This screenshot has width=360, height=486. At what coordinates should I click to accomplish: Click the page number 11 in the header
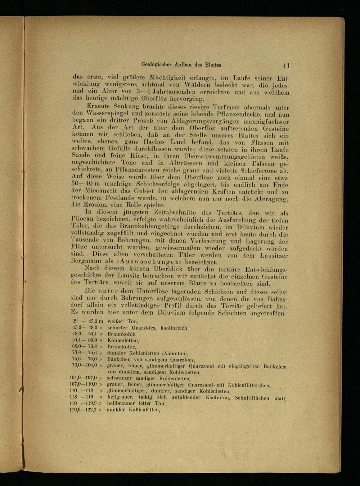coord(286,66)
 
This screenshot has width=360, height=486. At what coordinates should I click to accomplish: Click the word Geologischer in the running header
coord(157,65)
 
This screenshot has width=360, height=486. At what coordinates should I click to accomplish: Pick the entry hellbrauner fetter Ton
coord(136,403)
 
